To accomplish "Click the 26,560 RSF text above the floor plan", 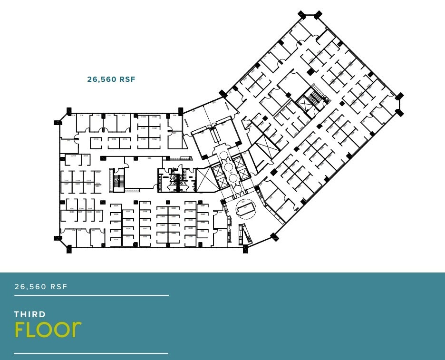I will click(111, 79).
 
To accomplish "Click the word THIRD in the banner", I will click(30, 314).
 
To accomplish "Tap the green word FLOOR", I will click(48, 329).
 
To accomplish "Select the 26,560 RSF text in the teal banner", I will click(41, 286).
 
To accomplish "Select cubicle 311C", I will click(96, 140).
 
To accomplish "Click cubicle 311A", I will click(125, 140).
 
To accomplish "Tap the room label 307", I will click(174, 133).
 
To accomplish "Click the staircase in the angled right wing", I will click(314, 97).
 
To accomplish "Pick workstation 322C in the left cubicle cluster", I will click(67, 181).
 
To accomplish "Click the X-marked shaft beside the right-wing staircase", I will click(302, 102).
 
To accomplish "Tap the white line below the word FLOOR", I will click(91, 353).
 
